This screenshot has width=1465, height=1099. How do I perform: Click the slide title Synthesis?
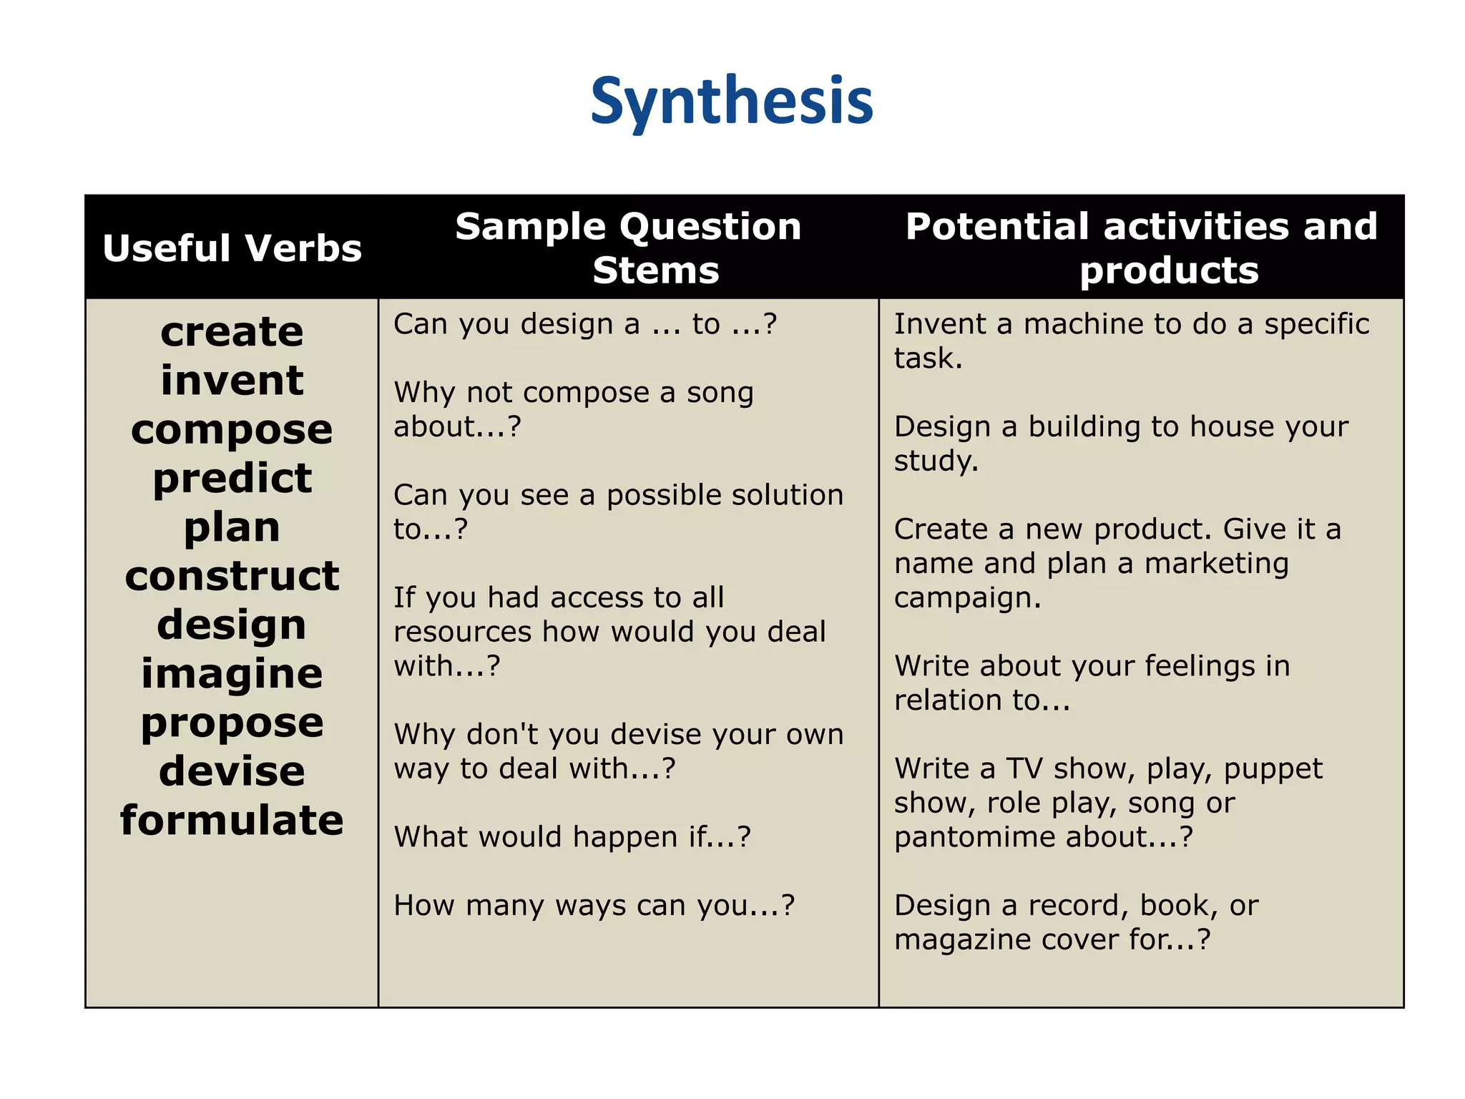[732, 102]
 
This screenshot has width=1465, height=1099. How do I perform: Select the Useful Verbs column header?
[232, 248]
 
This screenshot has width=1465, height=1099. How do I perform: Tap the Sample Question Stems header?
[628, 248]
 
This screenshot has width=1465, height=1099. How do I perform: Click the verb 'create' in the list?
[232, 332]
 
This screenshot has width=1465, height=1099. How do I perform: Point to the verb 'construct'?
[232, 576]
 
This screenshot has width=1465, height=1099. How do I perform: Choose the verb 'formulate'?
[232, 820]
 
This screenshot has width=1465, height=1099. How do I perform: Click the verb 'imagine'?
[232, 674]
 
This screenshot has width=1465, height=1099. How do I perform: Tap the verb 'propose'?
[232, 723]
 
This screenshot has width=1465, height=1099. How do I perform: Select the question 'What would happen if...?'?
[572, 836]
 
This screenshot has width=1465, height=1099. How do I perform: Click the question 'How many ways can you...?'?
[594, 905]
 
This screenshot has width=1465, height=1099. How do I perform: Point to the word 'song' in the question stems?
[720, 393]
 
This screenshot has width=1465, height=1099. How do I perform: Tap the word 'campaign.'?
[967, 597]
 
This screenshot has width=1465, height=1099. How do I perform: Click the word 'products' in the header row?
[1169, 270]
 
